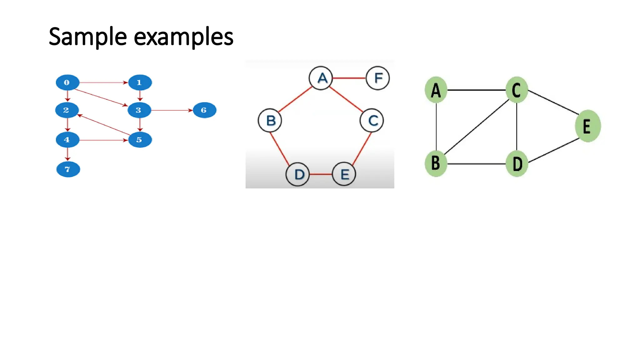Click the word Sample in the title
point(87,37)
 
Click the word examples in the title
point(183,37)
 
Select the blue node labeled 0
point(67,82)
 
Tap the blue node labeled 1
point(140,82)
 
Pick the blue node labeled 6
point(204,110)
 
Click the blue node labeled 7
point(68,169)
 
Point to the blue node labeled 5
point(140,140)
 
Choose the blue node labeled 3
point(139,110)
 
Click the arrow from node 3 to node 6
point(172,110)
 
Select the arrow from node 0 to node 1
point(103,82)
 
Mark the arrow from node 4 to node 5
point(103,140)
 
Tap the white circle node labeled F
point(377,78)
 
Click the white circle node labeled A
point(321,78)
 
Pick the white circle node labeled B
point(270,120)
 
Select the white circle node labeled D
point(298,174)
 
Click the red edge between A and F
point(349,78)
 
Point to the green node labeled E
point(587,126)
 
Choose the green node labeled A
point(436,90)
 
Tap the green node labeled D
point(517,164)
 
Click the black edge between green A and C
point(476,90)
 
